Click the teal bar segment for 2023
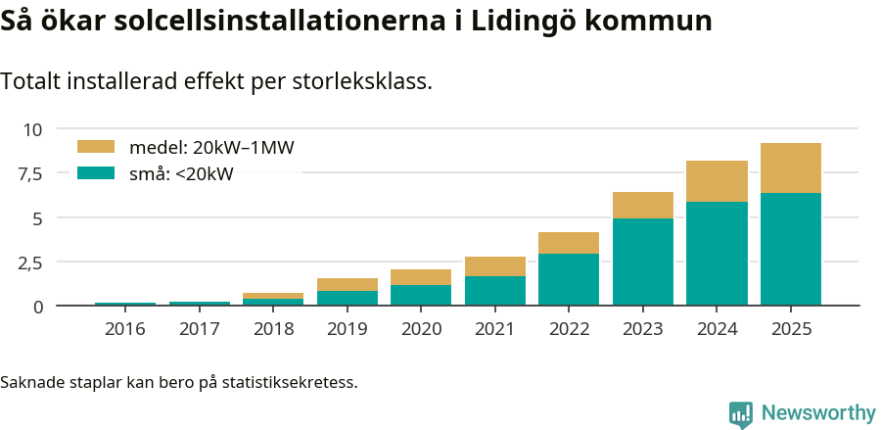click(643, 262)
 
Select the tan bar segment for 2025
click(791, 168)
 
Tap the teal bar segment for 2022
click(569, 279)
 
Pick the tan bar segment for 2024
click(717, 181)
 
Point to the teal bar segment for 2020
click(421, 295)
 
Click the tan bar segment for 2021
click(495, 266)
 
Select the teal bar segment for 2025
click(791, 249)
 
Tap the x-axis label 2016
click(124, 329)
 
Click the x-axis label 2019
click(347, 329)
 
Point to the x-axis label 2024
click(717, 329)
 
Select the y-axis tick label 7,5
click(30, 173)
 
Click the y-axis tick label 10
click(32, 129)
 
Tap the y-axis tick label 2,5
click(30, 263)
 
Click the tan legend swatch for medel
click(96, 147)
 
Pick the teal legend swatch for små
click(96, 173)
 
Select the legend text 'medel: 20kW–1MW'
click(211, 148)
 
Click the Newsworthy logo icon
click(741, 413)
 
